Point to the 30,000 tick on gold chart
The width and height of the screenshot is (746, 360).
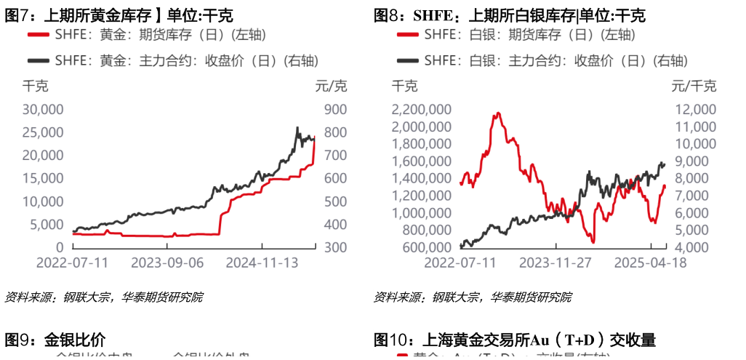(x=44, y=110)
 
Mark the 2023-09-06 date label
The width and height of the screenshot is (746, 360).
(x=171, y=263)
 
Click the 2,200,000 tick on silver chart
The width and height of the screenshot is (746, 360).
(x=421, y=110)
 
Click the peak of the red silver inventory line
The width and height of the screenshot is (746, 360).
(x=498, y=113)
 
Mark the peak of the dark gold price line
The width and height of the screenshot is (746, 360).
(x=297, y=128)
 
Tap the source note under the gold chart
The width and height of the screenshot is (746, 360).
(x=104, y=297)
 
